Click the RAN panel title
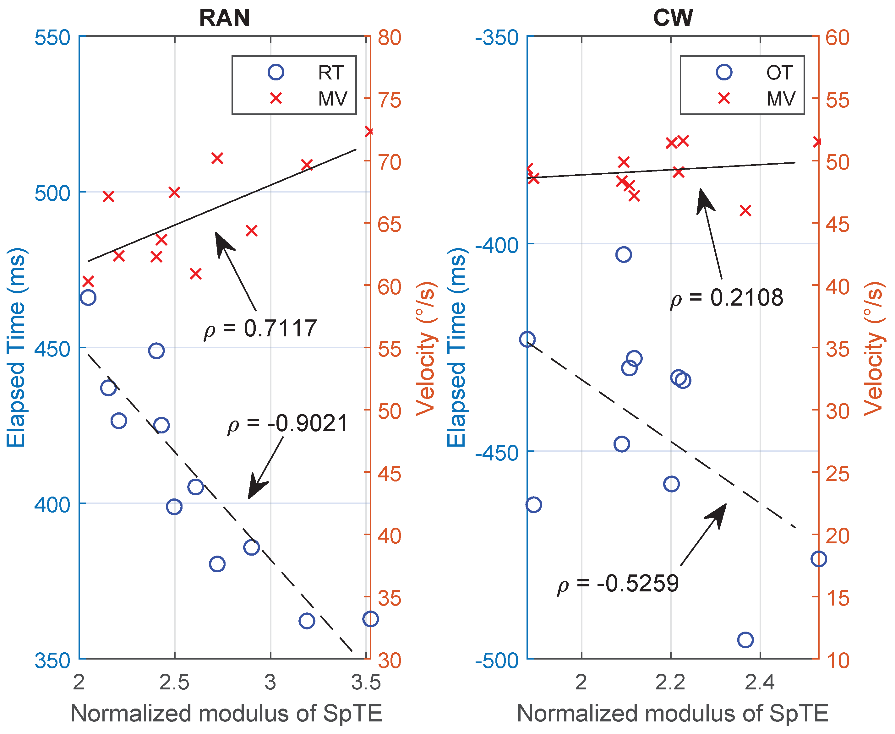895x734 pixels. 224,18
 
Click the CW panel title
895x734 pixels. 673,18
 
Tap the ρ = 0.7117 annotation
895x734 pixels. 260,329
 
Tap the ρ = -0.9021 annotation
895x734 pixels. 288,424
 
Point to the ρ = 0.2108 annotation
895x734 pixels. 727,298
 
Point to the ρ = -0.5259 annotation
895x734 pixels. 618,584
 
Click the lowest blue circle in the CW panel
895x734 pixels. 745,640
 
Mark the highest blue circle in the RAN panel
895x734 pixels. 88,298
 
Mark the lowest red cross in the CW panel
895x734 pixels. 745,210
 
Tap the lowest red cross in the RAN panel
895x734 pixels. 88,281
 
